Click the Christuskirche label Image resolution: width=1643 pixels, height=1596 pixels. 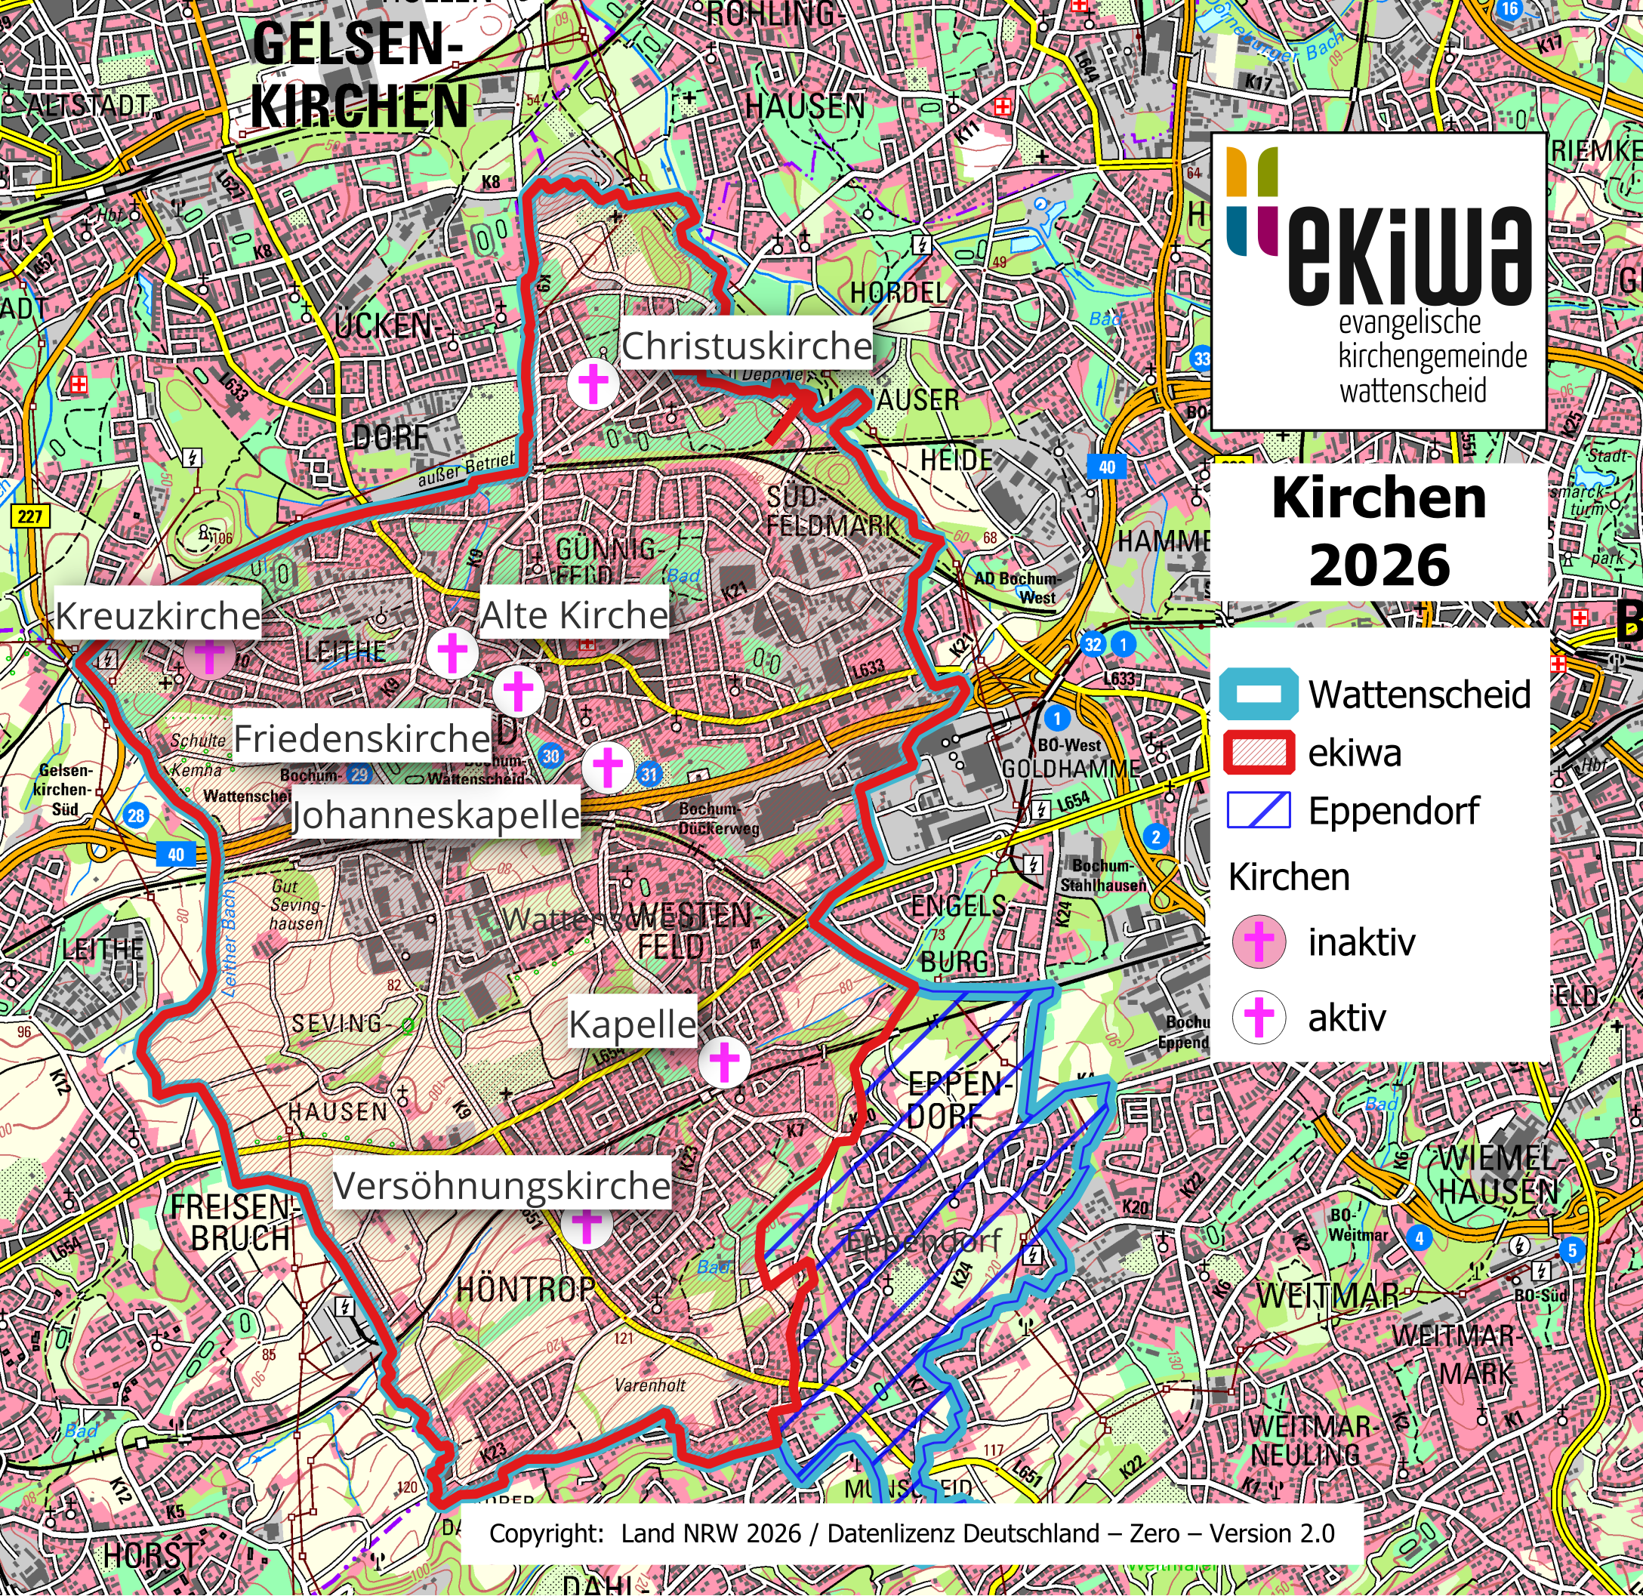[746, 345]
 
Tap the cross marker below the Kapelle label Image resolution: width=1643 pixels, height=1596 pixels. [724, 1062]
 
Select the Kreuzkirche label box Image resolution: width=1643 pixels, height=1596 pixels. [158, 616]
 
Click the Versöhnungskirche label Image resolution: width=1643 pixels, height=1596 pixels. [502, 1185]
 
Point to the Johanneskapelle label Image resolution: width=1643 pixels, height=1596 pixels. [435, 815]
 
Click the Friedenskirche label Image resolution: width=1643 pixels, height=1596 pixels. [361, 738]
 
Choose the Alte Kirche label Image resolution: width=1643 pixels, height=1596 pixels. [574, 615]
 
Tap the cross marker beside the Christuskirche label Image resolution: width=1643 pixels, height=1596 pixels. [593, 384]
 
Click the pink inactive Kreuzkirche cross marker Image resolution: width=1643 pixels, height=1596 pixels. [210, 655]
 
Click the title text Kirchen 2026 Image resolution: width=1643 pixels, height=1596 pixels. [1379, 531]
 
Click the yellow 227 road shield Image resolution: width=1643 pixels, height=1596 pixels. [30, 516]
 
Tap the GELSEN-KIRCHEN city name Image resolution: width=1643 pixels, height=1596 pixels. [359, 75]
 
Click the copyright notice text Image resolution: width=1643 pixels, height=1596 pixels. [911, 1533]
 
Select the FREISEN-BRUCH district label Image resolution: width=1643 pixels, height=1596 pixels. [233, 1222]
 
